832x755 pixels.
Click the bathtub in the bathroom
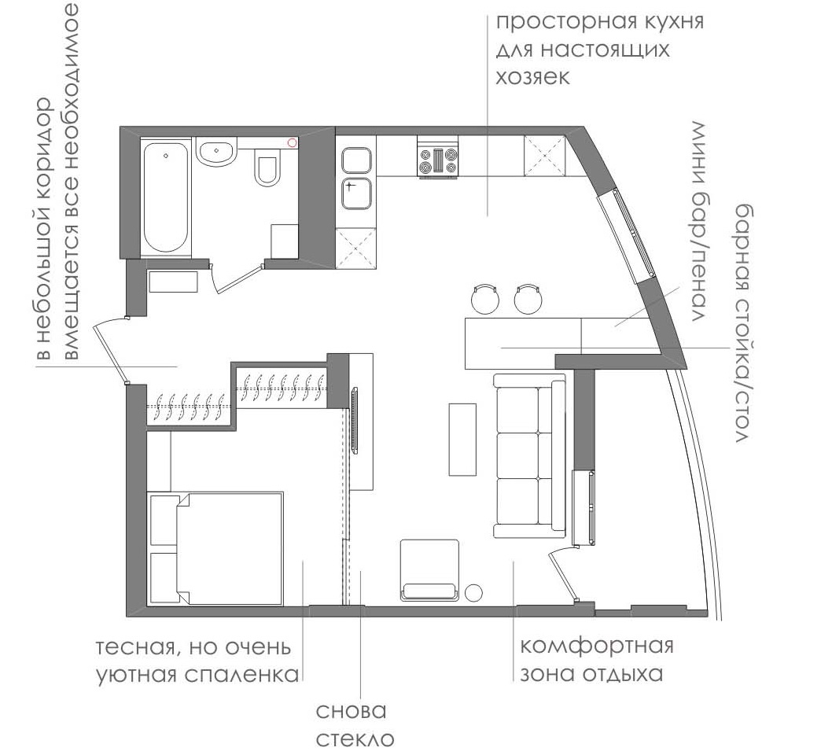pyautogui.click(x=165, y=197)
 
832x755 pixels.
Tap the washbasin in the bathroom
pyautogui.click(x=216, y=151)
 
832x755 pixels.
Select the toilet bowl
pyautogui.click(x=267, y=167)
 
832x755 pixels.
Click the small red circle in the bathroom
pyautogui.click(x=292, y=142)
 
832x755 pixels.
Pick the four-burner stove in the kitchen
pyautogui.click(x=438, y=157)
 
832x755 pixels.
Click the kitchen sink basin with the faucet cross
pyautogui.click(x=356, y=193)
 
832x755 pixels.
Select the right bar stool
pyautogui.click(x=528, y=299)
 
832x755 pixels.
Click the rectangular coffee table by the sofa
pyautogui.click(x=462, y=440)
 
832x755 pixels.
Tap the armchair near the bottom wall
pyautogui.click(x=429, y=570)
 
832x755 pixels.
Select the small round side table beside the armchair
pyautogui.click(x=473, y=593)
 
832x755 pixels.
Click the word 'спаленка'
pyautogui.click(x=241, y=675)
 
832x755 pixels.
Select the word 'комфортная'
pyautogui.click(x=596, y=646)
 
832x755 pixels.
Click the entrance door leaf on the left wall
pyautogui.click(x=110, y=352)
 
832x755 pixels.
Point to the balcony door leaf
pyautogui.click(x=562, y=576)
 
